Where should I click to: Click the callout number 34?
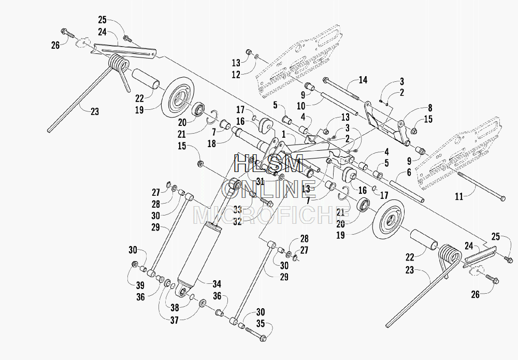click(217, 284)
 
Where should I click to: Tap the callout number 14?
click(363, 80)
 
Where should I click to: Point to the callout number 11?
click(459, 197)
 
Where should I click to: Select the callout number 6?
click(409, 172)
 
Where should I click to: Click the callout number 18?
click(212, 144)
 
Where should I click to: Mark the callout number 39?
click(140, 285)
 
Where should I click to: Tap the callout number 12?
click(236, 75)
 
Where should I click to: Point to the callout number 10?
click(301, 106)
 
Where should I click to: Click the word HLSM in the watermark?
click(268, 164)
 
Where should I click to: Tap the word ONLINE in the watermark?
click(269, 189)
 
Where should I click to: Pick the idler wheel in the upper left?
click(178, 96)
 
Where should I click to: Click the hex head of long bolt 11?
click(502, 198)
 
